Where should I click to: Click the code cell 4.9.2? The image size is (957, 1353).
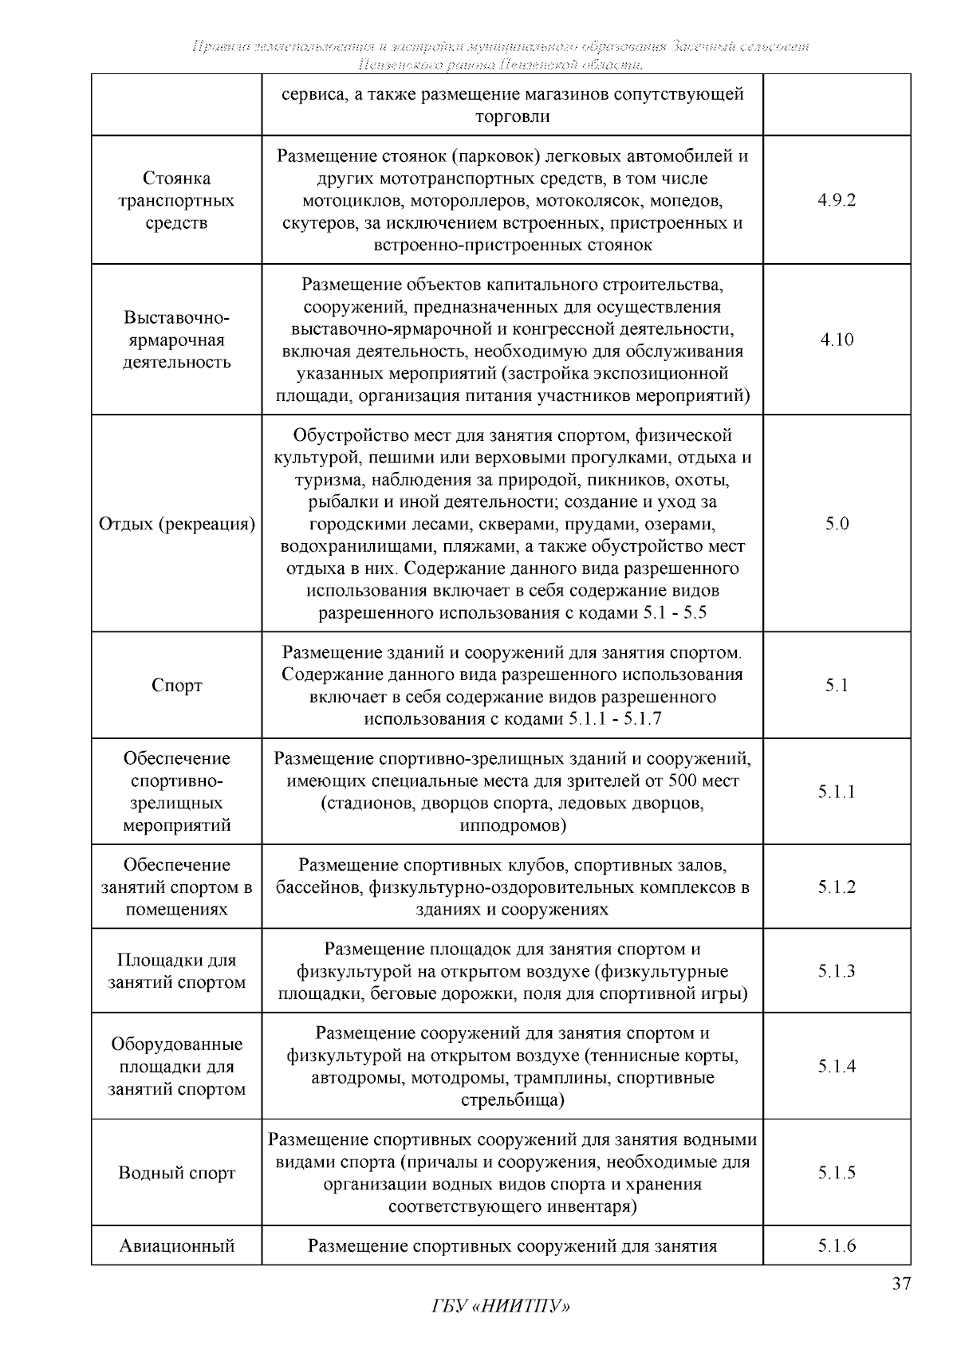(836, 200)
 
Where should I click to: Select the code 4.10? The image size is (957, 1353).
(836, 340)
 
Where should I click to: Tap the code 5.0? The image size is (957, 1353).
(836, 524)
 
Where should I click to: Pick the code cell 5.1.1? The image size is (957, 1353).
(836, 792)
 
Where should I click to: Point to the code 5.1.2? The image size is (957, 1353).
(836, 887)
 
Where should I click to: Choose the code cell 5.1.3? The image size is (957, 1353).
(836, 971)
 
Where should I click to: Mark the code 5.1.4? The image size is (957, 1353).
(836, 1067)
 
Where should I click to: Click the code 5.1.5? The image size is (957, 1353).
(836, 1173)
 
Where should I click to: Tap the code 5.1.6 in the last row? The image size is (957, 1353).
(836, 1245)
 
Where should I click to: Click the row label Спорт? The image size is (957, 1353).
(176, 686)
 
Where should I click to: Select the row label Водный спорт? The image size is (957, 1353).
(176, 1173)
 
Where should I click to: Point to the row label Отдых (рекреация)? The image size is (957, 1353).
(176, 524)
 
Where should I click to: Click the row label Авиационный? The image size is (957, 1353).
(176, 1245)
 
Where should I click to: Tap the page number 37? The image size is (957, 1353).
(900, 1284)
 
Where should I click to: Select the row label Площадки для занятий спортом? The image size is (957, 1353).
(176, 971)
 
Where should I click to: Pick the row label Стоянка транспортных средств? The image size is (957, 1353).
(176, 200)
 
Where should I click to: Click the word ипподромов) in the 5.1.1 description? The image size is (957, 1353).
(512, 825)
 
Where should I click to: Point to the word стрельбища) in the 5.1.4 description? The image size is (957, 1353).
(512, 1100)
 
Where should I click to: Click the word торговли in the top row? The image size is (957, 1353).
(512, 116)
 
